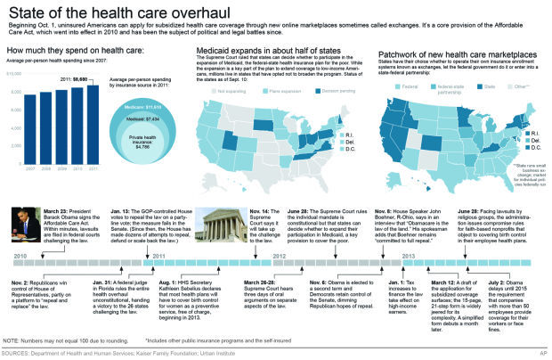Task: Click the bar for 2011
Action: tap(93, 115)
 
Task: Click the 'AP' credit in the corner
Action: tap(542, 355)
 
